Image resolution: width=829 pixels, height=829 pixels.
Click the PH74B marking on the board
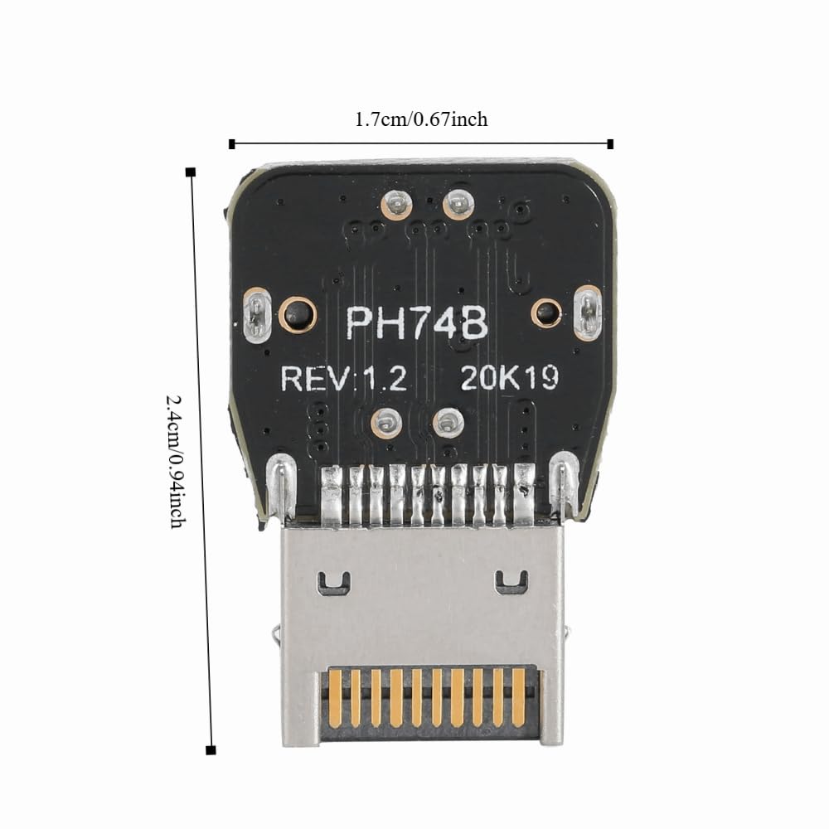pos(417,323)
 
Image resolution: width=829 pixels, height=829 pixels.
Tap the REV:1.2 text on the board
pos(344,378)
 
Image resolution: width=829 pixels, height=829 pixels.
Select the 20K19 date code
pos(510,377)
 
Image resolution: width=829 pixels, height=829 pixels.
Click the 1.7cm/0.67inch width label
pos(421,119)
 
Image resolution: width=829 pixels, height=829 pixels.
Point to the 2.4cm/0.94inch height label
pos(177,461)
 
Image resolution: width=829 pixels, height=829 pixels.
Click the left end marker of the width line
pos(231,143)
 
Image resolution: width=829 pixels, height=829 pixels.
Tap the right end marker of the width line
pos(610,143)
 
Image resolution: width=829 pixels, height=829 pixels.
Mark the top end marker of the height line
pos(191,172)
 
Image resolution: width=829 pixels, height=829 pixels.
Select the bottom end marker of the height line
pos(211,749)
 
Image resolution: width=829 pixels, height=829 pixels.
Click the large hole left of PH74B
pos(297,314)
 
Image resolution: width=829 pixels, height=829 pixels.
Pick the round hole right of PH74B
pos(546,313)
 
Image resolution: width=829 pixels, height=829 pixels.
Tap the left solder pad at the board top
pos(396,204)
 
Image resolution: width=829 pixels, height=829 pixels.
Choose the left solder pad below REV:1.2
pos(386,423)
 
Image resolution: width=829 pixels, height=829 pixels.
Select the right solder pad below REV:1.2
pos(448,423)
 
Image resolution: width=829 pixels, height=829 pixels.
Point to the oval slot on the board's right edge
pos(587,313)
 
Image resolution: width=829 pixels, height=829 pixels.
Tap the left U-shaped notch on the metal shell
pos(333,582)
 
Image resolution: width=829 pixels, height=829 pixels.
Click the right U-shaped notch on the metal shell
pos(511,582)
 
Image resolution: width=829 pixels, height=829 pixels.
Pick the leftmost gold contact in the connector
pos(335,698)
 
